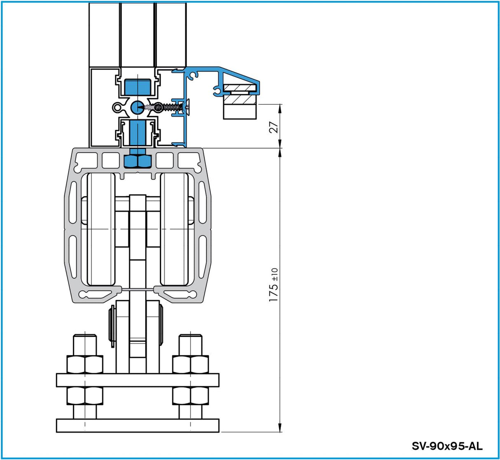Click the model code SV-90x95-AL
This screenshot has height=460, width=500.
(x=447, y=446)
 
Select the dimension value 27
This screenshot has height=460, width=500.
(x=275, y=126)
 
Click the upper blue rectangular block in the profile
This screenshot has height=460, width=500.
(x=137, y=87)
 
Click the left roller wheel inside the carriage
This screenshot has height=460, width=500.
(x=101, y=229)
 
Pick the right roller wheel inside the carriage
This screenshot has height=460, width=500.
(x=174, y=229)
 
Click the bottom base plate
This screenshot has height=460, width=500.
(x=138, y=425)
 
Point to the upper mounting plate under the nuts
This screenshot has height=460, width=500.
(x=138, y=380)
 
